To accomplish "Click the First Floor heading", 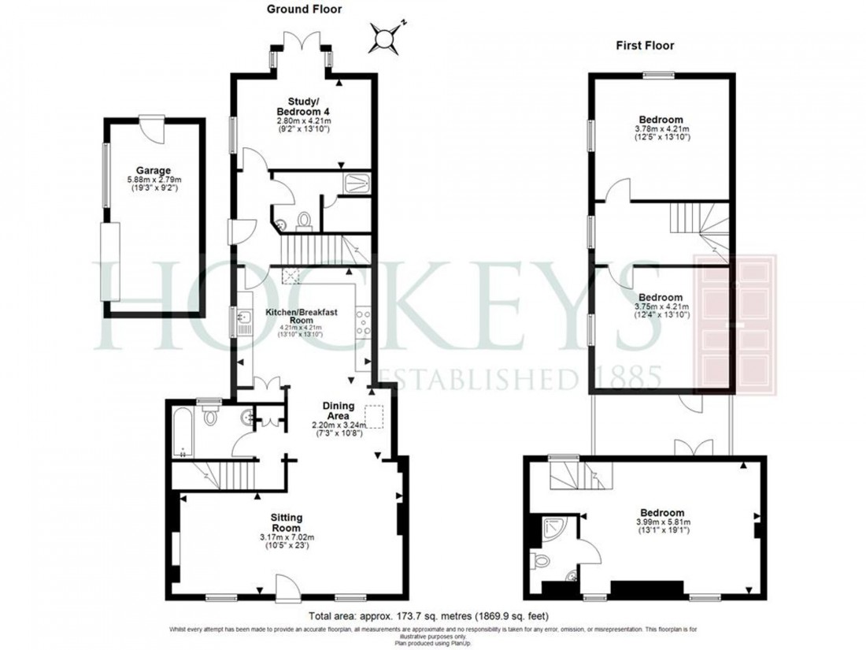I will coord(645,46).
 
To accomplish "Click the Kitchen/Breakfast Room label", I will coord(301,317).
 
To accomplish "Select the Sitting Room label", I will coord(287,522).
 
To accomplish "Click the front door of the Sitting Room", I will coord(287,587).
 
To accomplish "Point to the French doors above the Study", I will coord(302,51).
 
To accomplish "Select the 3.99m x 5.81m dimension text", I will coord(660,522).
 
